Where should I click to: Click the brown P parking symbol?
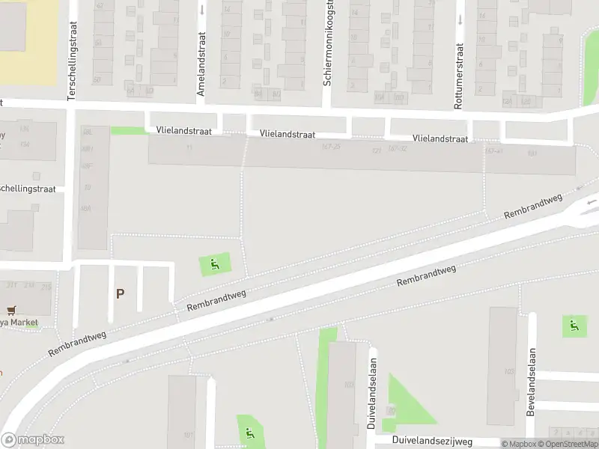click(x=120, y=294)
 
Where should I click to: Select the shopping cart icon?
click(x=10, y=310)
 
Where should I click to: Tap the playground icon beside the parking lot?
click(x=215, y=264)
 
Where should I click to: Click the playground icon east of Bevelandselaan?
click(x=574, y=326)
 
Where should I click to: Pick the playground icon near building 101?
click(x=249, y=433)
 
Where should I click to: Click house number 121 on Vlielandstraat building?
click(x=376, y=150)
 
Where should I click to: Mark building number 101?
click(x=188, y=435)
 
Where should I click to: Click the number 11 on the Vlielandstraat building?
click(x=189, y=147)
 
